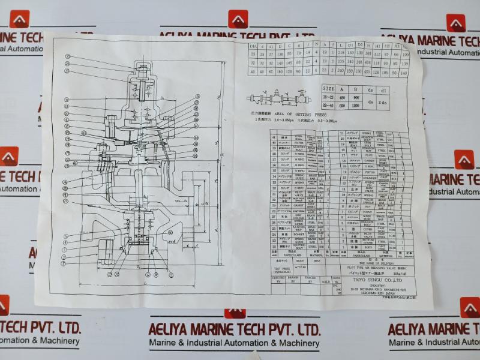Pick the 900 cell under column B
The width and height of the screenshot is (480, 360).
[356, 97]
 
